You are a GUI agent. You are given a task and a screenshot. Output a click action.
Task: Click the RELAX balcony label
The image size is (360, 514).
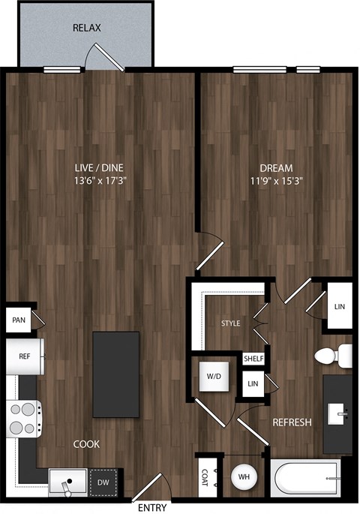pyautogui.click(x=87, y=29)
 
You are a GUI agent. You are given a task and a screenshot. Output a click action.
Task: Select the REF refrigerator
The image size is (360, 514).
pyautogui.click(x=25, y=356)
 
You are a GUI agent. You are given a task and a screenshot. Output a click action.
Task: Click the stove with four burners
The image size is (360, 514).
pyautogui.click(x=25, y=418)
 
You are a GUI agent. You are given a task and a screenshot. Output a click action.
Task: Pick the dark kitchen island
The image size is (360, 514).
pyautogui.click(x=116, y=374)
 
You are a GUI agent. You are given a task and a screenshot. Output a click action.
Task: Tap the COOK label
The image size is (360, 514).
pyautogui.click(x=87, y=443)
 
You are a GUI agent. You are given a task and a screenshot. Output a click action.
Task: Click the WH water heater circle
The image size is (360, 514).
pyautogui.click(x=243, y=476)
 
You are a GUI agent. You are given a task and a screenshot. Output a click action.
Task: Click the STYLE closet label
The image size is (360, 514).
pyautogui.click(x=230, y=324)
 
